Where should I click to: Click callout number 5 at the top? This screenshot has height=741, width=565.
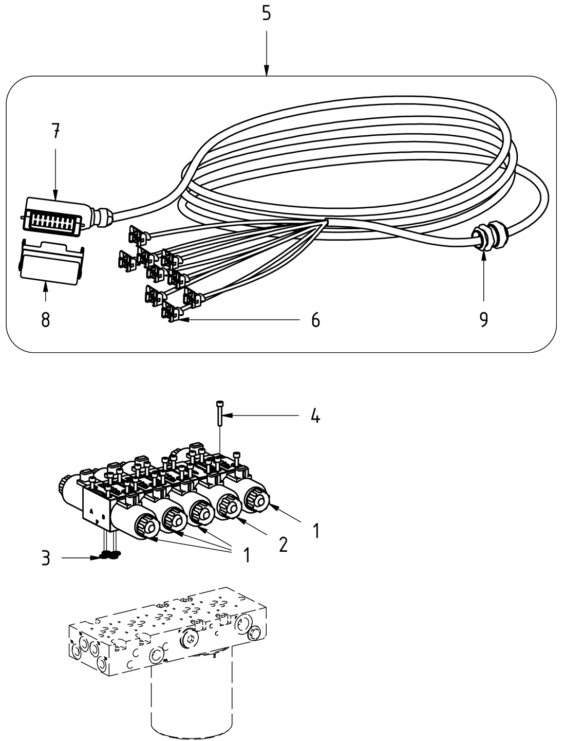tap(266, 13)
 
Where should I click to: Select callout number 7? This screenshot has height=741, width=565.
tap(55, 132)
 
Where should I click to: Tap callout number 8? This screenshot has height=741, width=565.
tap(46, 320)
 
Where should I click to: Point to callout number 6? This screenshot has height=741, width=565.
tap(315, 320)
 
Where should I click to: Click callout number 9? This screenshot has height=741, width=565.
tap(483, 320)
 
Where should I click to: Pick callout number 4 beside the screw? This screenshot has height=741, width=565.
tap(315, 416)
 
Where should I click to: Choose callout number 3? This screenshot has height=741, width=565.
tap(46, 558)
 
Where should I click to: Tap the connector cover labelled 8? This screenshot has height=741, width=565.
tap(50, 261)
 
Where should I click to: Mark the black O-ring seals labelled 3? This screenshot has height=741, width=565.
tap(109, 554)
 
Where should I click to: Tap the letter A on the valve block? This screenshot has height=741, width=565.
tap(90, 512)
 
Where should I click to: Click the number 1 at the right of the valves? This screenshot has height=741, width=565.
tap(316, 531)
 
